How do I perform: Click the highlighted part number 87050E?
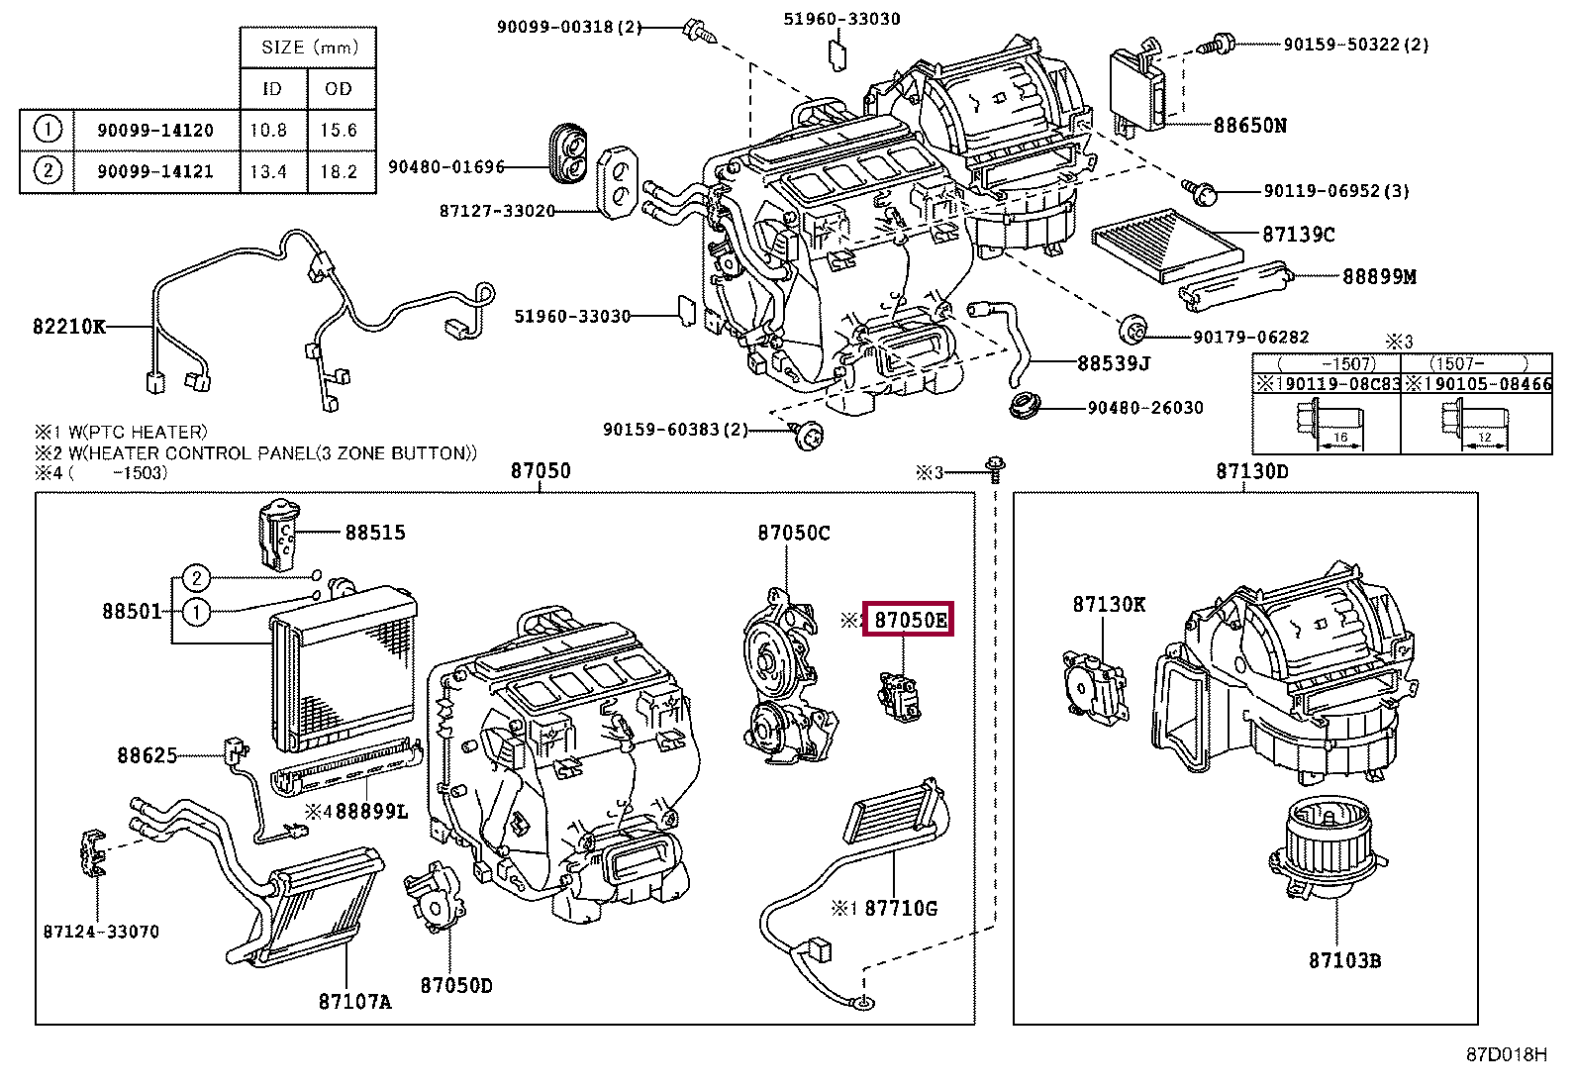[x=909, y=620]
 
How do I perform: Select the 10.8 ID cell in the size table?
[x=268, y=130]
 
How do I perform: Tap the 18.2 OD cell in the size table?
[x=339, y=171]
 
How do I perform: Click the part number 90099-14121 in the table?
[x=154, y=171]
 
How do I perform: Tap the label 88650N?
[x=1249, y=126]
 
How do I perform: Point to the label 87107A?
[x=354, y=1002]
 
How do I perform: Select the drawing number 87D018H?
[x=1506, y=1054]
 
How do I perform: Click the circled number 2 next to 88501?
[x=197, y=578]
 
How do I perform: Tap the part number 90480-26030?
[x=1145, y=408]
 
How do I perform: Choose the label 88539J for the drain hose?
[x=1113, y=363]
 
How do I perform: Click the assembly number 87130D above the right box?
[x=1251, y=471]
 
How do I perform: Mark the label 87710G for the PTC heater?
[x=900, y=908]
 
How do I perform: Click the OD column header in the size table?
[x=339, y=88]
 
